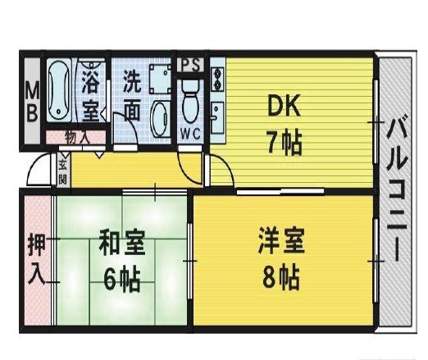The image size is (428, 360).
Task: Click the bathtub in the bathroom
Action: (58, 90)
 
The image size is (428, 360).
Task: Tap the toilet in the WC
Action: (190, 102)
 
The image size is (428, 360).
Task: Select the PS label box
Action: (191, 66)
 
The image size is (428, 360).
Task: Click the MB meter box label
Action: (32, 102)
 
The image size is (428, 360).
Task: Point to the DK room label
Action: (284, 106)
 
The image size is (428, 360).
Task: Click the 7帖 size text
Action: (285, 143)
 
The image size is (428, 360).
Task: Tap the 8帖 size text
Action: (281, 276)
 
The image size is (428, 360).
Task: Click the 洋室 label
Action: (281, 239)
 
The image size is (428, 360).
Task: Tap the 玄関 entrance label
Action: (62, 170)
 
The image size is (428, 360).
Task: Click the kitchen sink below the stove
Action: (217, 117)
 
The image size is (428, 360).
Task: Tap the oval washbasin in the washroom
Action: (161, 118)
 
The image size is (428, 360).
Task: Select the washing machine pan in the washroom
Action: (160, 80)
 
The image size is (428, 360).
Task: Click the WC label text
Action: (191, 134)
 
